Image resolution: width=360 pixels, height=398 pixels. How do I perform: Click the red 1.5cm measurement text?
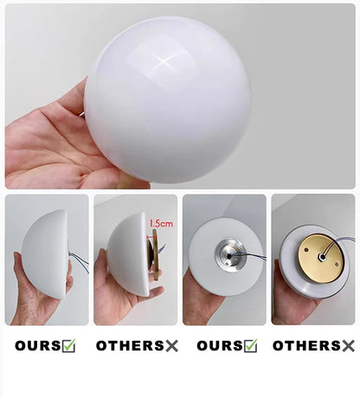point(160,222)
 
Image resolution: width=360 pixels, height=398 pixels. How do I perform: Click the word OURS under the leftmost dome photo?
point(36,346)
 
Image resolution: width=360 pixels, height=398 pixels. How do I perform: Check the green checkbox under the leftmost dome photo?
point(68,346)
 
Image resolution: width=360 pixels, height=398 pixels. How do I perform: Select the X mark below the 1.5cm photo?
point(171,346)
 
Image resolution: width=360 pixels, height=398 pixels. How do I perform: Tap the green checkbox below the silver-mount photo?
point(250,346)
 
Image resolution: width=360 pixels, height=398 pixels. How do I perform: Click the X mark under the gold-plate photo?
point(348,346)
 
